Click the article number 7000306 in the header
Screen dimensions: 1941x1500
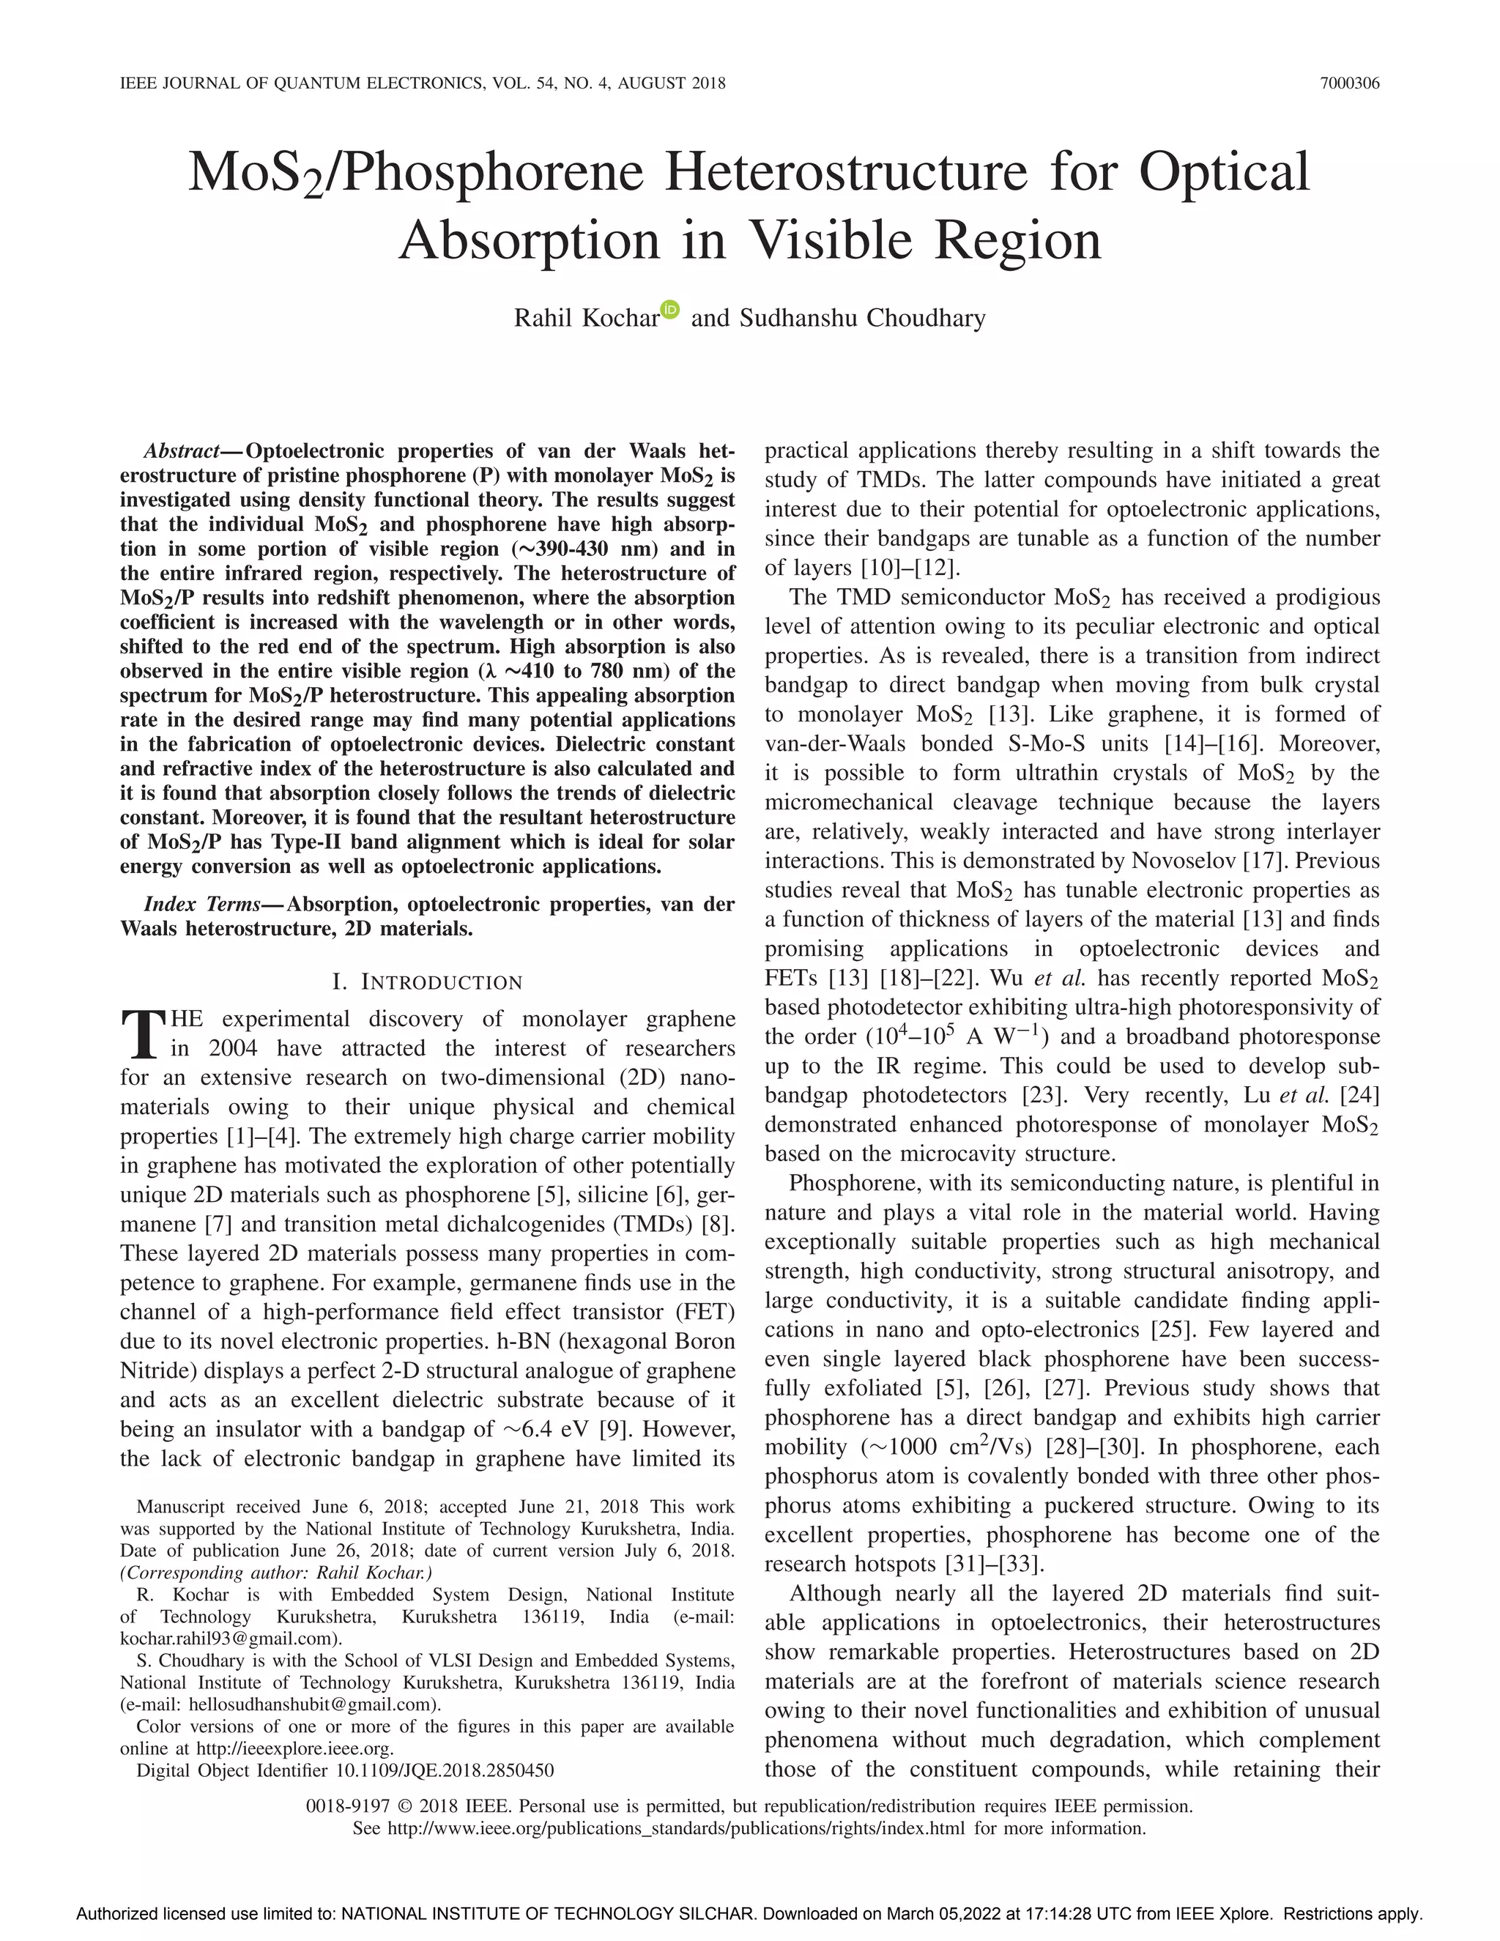point(1349,83)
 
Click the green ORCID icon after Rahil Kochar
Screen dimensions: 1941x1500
point(670,309)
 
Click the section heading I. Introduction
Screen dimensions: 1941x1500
point(428,982)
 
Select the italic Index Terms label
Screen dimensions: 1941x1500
point(201,905)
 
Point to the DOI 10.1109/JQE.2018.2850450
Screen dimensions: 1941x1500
point(445,1770)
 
